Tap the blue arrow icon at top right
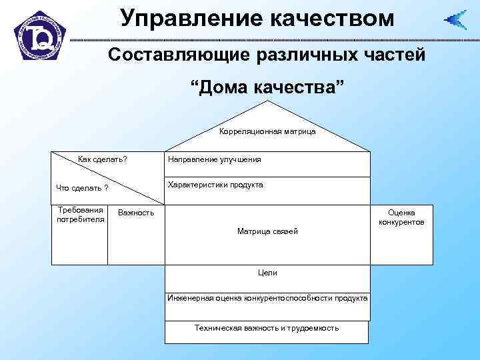[456, 20]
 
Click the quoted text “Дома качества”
[267, 87]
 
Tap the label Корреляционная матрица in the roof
[267, 131]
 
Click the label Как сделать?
[103, 159]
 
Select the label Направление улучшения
[214, 159]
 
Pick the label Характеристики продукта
[215, 185]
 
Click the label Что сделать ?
[83, 187]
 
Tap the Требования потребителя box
[80, 234]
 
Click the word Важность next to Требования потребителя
[135, 213]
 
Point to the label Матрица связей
[267, 231]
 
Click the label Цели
[267, 273]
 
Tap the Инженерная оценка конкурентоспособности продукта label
[267, 298]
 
